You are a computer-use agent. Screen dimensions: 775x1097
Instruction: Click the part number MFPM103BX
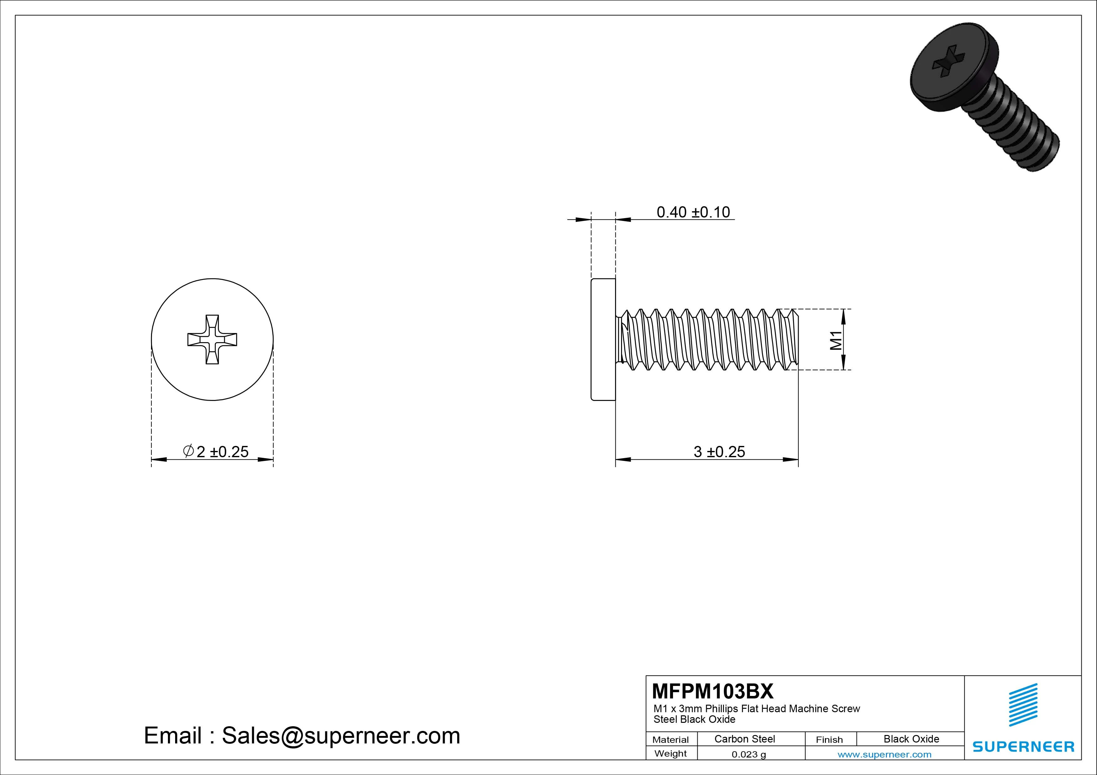tap(712, 691)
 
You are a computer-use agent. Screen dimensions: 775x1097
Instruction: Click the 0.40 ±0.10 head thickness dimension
tap(693, 212)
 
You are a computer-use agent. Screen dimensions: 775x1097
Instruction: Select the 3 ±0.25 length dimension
tap(719, 452)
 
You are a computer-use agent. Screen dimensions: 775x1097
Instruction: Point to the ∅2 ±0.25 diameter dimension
tap(216, 452)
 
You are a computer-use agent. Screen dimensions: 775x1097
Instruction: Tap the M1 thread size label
tap(836, 340)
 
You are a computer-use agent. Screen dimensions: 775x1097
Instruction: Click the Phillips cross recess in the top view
tap(212, 339)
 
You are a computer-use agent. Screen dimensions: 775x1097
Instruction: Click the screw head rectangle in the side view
tap(603, 339)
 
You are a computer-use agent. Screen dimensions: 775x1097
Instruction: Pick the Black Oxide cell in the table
tap(911, 739)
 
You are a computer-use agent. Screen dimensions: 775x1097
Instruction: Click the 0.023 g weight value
tap(749, 754)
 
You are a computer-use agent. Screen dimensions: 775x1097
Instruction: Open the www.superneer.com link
tap(884, 754)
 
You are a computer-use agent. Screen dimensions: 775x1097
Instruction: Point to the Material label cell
tap(670, 740)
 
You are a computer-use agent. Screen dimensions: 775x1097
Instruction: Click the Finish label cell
tap(829, 740)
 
